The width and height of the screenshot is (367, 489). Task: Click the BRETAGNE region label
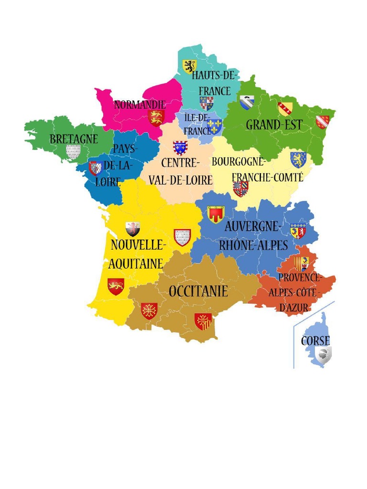tap(74, 139)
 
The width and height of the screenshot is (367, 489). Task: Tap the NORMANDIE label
tap(140, 104)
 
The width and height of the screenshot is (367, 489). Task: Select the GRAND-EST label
tap(274, 125)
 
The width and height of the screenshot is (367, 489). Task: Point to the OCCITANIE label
tap(198, 291)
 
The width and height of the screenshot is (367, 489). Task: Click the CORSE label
tap(315, 340)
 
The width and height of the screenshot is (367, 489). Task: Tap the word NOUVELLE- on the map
tap(138, 245)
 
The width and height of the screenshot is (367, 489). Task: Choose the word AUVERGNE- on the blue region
tap(253, 226)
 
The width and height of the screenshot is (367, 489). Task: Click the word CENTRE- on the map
tap(180, 163)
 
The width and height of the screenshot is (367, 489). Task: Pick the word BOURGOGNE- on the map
tap(238, 161)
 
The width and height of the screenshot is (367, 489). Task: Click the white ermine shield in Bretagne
tap(73, 152)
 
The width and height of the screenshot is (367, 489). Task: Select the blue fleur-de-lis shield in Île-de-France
tap(214, 126)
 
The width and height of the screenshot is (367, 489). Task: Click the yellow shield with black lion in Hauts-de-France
tap(190, 66)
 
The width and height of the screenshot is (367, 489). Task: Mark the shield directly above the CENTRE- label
tap(180, 148)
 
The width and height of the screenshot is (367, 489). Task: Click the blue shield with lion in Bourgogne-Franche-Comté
tap(298, 159)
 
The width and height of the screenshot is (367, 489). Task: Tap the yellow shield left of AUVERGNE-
tap(216, 214)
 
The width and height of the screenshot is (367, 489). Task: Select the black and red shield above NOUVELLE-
tap(133, 229)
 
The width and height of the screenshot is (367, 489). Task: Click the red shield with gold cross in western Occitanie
tap(149, 311)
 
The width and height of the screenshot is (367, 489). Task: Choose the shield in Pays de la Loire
tap(96, 168)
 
